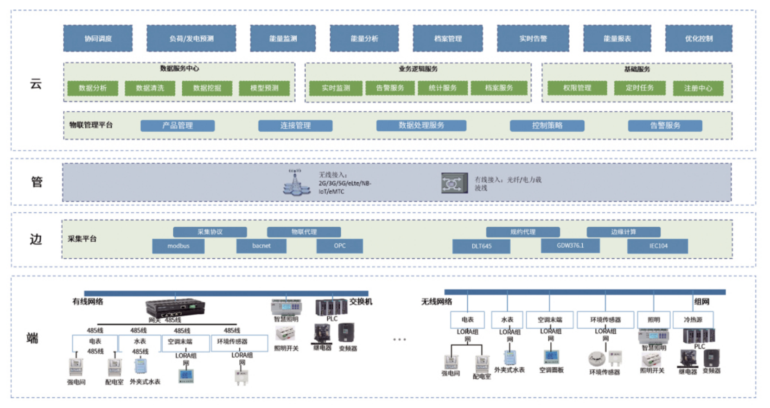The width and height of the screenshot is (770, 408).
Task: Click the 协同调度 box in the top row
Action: click(98, 38)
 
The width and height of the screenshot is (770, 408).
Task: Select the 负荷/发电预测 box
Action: click(191, 38)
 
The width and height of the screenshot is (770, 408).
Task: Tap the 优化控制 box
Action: click(699, 38)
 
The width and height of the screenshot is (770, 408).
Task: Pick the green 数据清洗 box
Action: click(150, 88)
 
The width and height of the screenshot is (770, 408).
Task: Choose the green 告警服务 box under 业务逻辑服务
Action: click(390, 88)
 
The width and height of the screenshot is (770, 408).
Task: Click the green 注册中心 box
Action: click(698, 88)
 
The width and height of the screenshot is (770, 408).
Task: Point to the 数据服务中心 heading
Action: click(179, 69)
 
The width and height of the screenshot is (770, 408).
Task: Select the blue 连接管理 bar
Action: click(295, 126)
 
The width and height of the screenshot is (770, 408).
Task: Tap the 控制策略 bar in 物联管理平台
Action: click(547, 126)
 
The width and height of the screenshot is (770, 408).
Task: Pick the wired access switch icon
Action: click(454, 183)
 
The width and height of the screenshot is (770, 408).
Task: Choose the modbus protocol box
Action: click(178, 246)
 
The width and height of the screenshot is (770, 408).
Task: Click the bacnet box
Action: click(261, 246)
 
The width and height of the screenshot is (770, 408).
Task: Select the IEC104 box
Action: click(658, 246)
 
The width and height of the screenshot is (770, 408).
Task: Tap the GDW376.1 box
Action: click(570, 246)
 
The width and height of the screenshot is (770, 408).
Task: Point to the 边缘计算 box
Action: click(624, 232)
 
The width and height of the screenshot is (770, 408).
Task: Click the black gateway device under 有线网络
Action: click(175, 307)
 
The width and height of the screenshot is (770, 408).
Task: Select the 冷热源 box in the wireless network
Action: click(693, 320)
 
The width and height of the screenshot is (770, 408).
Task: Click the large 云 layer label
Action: click(36, 84)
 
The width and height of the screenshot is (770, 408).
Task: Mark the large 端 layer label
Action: click(32, 338)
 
